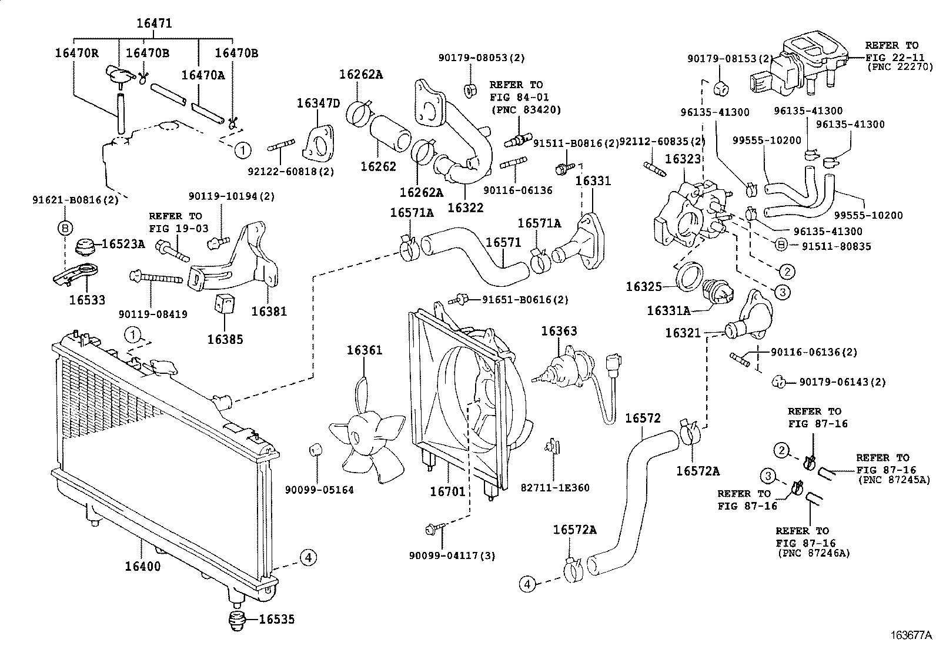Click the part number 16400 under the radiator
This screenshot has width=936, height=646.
coord(142,567)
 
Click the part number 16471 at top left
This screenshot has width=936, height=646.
coord(154,24)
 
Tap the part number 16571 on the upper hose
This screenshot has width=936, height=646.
coord(503,243)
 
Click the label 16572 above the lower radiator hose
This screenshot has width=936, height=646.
coord(642,418)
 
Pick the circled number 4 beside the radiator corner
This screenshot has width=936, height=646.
coord(308,557)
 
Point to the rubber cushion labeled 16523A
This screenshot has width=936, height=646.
coord(86,247)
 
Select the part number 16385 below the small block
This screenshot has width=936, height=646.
coord(224,339)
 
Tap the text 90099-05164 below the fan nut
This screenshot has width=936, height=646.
coord(319,490)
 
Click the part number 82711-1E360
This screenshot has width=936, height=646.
coord(554,487)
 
